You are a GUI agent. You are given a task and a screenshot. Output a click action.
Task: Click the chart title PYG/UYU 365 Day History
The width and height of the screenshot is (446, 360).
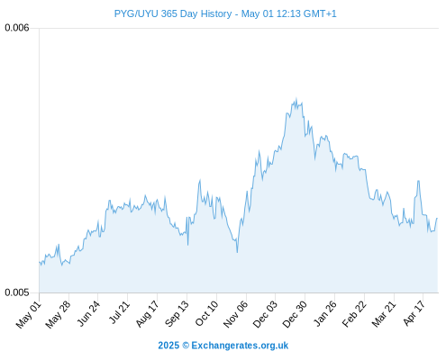173,13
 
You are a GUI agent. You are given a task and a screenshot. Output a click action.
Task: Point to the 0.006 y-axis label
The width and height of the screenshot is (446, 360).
17,28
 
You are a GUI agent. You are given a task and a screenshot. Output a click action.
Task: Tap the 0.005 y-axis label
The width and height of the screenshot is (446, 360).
17,292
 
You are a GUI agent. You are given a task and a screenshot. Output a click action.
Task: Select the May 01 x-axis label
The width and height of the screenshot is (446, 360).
29,314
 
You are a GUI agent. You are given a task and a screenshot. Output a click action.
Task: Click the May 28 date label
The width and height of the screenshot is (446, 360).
58,314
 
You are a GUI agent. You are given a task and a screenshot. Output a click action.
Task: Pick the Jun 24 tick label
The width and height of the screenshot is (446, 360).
89,313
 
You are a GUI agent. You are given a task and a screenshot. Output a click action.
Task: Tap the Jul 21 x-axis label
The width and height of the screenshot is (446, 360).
119,312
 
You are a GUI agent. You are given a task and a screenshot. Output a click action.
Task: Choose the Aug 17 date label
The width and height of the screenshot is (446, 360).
147,314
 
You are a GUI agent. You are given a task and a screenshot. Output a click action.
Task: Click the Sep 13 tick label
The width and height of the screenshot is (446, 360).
177,313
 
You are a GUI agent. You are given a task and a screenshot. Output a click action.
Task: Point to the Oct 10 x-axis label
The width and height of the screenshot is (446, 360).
207,313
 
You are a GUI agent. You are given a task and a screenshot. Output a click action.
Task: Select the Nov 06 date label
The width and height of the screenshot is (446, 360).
236,314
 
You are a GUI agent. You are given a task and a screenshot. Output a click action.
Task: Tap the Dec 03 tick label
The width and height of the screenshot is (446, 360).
265,314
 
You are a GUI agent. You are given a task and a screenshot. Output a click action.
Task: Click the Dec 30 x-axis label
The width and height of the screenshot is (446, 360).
295,314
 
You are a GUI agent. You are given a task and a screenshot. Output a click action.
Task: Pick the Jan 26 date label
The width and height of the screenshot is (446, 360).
325,313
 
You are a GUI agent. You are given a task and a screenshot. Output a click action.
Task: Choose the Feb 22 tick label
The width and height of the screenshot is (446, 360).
354,314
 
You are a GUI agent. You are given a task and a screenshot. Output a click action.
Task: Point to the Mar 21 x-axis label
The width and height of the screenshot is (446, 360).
384,314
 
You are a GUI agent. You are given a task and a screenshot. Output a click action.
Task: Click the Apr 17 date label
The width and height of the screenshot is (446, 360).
414,313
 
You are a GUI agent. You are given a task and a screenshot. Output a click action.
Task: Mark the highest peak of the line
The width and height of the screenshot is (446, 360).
296,98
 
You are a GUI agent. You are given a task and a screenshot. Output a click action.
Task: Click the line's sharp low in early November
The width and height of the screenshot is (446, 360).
237,252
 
